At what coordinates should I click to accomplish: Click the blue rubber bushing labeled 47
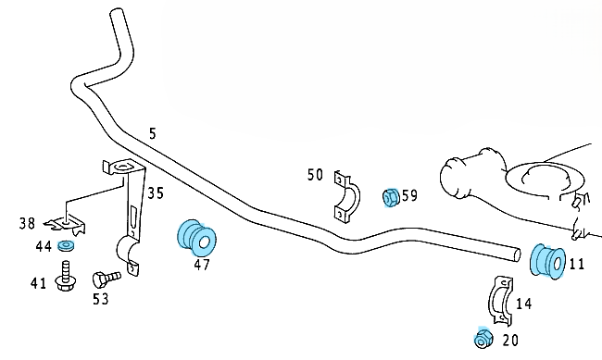tap(196, 238)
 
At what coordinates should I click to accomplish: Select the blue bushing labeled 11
tap(547, 261)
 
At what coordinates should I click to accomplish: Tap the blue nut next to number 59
tap(391, 198)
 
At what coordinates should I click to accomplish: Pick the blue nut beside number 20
tap(483, 338)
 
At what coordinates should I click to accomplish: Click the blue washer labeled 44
tap(66, 245)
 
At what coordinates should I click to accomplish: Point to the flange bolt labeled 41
tap(66, 276)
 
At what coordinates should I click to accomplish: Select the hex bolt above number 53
tap(107, 279)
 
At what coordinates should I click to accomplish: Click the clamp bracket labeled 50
tap(347, 197)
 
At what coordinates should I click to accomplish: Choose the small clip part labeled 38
tap(66, 225)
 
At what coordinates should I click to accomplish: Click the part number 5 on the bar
tap(153, 133)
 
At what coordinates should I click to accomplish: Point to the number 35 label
tap(156, 193)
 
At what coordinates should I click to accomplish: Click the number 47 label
tap(202, 265)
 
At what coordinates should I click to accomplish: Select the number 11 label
tap(577, 264)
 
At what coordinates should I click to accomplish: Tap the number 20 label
tap(510, 340)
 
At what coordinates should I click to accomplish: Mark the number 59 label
tap(409, 196)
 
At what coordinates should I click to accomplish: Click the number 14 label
tap(524, 304)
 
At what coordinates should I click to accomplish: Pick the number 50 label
tap(315, 175)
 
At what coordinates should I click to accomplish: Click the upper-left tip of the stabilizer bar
tap(117, 11)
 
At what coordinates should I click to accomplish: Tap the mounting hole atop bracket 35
tap(122, 167)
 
